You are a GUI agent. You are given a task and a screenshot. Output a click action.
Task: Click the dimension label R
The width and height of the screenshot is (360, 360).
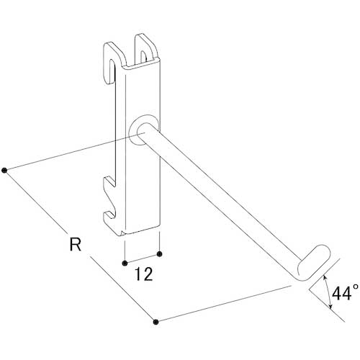pos(76,244)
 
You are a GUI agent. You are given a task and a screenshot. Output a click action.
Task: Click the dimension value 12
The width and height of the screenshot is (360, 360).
pos(144,274)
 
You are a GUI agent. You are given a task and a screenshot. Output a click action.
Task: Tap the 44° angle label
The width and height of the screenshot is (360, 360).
pos(346,293)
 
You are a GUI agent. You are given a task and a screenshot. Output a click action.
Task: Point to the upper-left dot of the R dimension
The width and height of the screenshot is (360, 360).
pos(4,171)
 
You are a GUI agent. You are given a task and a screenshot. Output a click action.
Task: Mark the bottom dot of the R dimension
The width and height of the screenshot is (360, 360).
pos(156,322)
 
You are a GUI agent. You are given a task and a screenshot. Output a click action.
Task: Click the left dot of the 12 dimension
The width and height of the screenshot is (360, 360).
pos(125,264)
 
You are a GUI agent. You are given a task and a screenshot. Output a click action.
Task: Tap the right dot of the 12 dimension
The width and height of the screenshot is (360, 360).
pos(159,254)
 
